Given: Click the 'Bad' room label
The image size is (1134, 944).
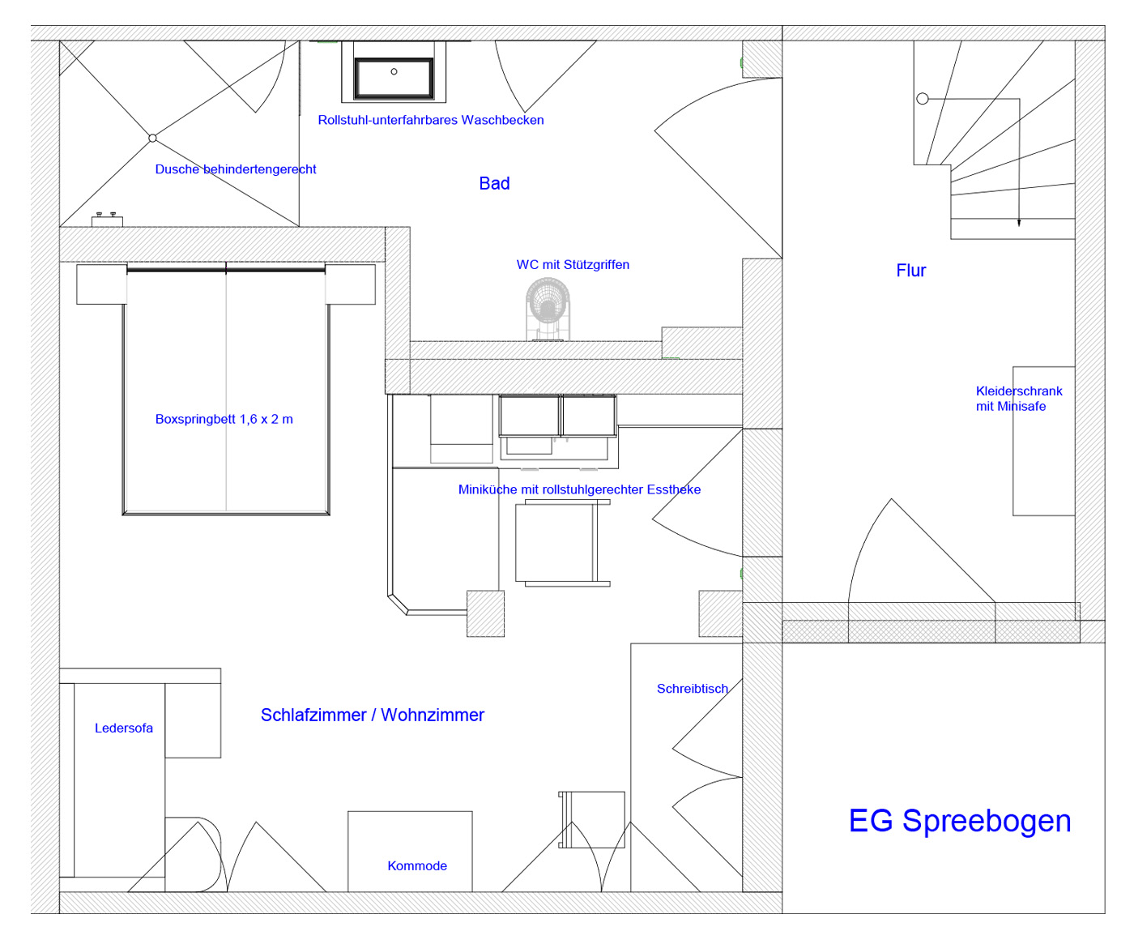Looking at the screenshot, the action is click(493, 183).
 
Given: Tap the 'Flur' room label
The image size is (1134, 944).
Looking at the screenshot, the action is click(910, 270).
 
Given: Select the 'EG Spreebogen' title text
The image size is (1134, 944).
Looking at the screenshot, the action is click(959, 820).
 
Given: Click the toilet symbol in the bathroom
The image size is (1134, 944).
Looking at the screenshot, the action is click(548, 309).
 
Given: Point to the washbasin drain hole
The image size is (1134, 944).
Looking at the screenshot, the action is click(394, 72).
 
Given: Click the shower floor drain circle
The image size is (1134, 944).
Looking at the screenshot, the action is click(152, 138).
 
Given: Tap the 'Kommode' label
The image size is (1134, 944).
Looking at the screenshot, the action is click(416, 865).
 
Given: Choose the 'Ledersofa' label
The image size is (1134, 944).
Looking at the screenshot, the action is click(123, 728).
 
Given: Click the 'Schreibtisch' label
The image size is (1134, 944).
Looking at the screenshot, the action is click(692, 689).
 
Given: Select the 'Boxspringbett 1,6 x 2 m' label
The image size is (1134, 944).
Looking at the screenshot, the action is click(224, 419).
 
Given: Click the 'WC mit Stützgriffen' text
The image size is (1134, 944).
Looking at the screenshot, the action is click(573, 265).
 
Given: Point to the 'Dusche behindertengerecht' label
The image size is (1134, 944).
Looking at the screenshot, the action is click(235, 169).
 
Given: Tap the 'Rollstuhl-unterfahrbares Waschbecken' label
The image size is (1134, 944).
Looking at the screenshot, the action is click(431, 120).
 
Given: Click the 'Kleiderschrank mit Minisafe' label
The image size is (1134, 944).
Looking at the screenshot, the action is click(1018, 399).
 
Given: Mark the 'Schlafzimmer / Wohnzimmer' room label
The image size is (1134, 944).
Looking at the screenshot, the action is click(372, 715).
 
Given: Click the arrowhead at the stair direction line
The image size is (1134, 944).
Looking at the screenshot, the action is click(1019, 222).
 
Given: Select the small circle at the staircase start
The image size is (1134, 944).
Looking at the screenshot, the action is click(923, 99).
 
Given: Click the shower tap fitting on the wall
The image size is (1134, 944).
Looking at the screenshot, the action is click(107, 220).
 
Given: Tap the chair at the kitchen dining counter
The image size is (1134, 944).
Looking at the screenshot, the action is click(563, 543).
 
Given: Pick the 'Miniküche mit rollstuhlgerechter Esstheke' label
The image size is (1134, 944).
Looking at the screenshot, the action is click(579, 489).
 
